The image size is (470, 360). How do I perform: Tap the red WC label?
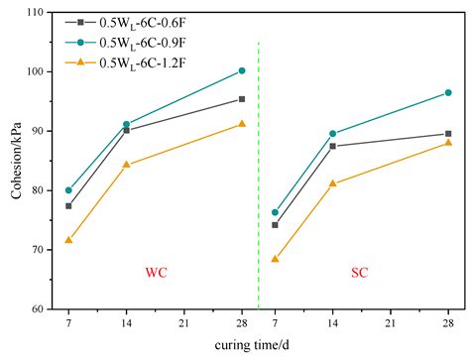(x=156, y=272)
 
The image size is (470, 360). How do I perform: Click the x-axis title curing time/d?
(x=259, y=345)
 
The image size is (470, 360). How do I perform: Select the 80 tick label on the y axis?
(x=37, y=190)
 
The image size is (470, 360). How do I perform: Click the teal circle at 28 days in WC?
(x=242, y=70)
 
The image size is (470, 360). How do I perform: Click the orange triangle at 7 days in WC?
(x=68, y=240)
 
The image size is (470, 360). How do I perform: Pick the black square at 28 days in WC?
(x=242, y=99)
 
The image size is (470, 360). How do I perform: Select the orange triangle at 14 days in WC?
(x=126, y=165)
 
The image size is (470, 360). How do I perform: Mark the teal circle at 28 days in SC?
(x=448, y=92)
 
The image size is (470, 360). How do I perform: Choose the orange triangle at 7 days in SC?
(x=275, y=259)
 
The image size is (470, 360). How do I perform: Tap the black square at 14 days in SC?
(x=332, y=146)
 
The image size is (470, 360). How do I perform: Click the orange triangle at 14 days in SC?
(x=332, y=183)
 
